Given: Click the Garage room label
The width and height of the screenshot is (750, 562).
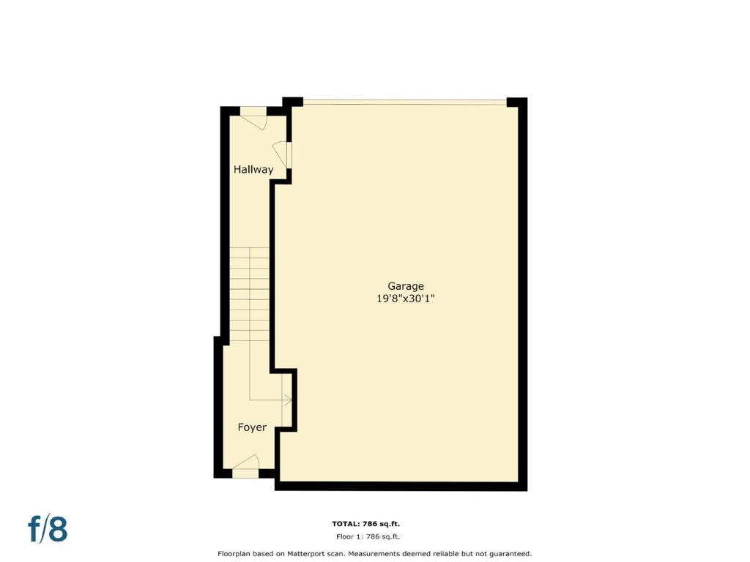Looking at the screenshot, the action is (406, 286).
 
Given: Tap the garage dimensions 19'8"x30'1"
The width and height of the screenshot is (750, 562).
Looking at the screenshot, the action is (406, 299).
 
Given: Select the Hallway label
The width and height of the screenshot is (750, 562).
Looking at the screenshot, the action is (253, 169).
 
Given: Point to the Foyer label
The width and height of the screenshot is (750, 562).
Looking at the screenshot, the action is (252, 427).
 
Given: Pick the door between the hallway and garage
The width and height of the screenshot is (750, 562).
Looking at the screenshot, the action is (282, 154).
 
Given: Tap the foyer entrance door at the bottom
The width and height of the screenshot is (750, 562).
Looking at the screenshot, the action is (245, 462).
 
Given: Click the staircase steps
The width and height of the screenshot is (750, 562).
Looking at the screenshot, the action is (249, 294).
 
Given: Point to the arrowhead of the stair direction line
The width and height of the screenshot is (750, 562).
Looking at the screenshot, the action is (289, 400).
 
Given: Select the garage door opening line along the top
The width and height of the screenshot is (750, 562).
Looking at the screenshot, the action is (404, 102).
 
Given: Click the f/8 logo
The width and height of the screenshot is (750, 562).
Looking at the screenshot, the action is (48, 528).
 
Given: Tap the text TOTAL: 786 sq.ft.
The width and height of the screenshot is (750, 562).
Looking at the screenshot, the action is (366, 524).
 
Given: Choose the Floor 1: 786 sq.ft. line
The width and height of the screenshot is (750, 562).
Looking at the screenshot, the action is (368, 536).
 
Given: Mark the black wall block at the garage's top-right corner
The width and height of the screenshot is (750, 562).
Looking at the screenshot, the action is (516, 102).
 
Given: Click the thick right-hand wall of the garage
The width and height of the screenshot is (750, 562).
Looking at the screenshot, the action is (523, 294).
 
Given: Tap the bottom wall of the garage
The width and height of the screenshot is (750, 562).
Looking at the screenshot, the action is (401, 487).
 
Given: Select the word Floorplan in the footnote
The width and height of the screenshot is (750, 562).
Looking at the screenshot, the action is (234, 554).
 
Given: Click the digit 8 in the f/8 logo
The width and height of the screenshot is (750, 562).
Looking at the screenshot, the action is (59, 528).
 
